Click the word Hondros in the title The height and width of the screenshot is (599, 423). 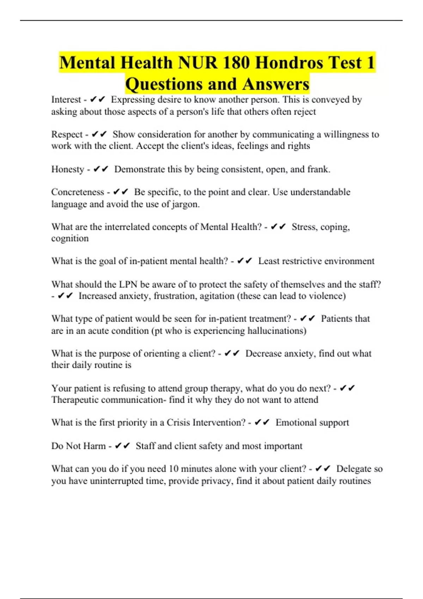[289, 63]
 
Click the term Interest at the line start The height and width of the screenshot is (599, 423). [66, 100]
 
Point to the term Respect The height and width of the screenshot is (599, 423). [67, 135]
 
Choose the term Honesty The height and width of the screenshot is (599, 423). [68, 169]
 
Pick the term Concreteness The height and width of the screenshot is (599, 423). [78, 192]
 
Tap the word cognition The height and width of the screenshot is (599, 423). [70, 239]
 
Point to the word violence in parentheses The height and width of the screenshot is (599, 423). [327, 296]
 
